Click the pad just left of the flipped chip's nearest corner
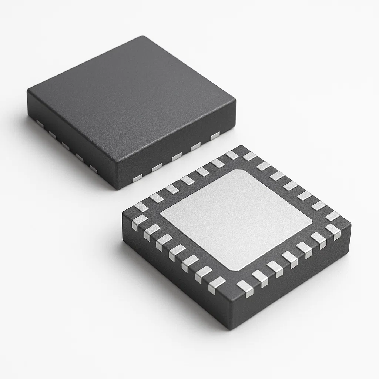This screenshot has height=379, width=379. point(217,285)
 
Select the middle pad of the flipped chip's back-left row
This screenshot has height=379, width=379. point(187,180)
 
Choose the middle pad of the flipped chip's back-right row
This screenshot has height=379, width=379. point(291,185)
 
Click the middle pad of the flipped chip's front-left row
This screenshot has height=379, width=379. point(177,252)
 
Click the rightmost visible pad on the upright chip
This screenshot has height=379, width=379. point(215,136)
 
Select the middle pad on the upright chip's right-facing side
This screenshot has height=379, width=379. point(177,157)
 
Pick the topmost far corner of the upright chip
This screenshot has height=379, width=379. point(142,37)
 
